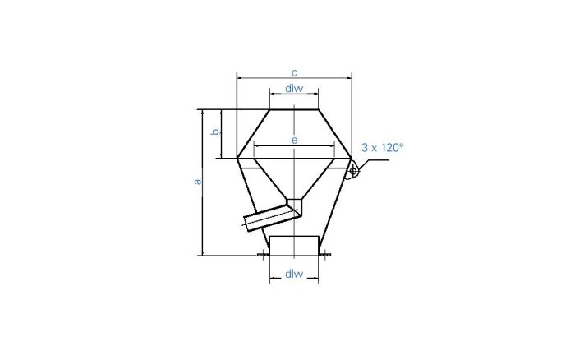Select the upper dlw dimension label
pyautogui.click(x=294, y=88)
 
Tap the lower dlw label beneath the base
pyautogui.click(x=294, y=274)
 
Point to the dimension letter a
pyautogui.click(x=196, y=182)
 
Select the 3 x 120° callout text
pyautogui.click(x=383, y=148)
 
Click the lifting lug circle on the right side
pyautogui.click(x=352, y=171)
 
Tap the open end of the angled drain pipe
pyautogui.click(x=249, y=221)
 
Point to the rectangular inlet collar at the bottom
pyautogui.click(x=294, y=245)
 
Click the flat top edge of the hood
pyautogui.click(x=294, y=109)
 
